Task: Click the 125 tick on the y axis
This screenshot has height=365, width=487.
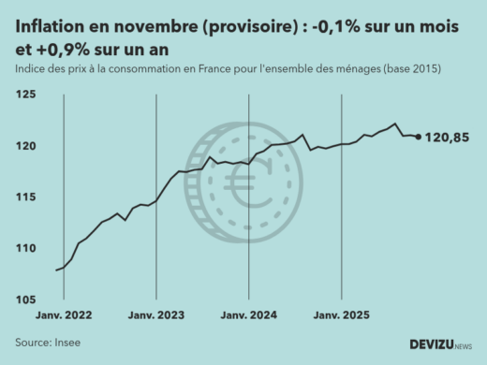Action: coord(26,95)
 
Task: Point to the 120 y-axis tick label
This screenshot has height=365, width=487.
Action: coord(26,147)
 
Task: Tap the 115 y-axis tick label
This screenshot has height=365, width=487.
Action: coord(26,197)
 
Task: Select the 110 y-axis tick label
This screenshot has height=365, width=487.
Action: coord(26,249)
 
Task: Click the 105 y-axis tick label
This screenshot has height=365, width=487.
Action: coord(26,299)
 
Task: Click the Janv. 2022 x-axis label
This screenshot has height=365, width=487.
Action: coord(64,315)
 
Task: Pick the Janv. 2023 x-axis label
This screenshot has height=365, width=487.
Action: coord(156,315)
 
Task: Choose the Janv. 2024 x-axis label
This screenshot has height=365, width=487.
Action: coord(249,315)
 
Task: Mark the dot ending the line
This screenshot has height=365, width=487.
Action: coord(418,137)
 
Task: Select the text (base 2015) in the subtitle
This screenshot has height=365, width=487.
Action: coord(408,70)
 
